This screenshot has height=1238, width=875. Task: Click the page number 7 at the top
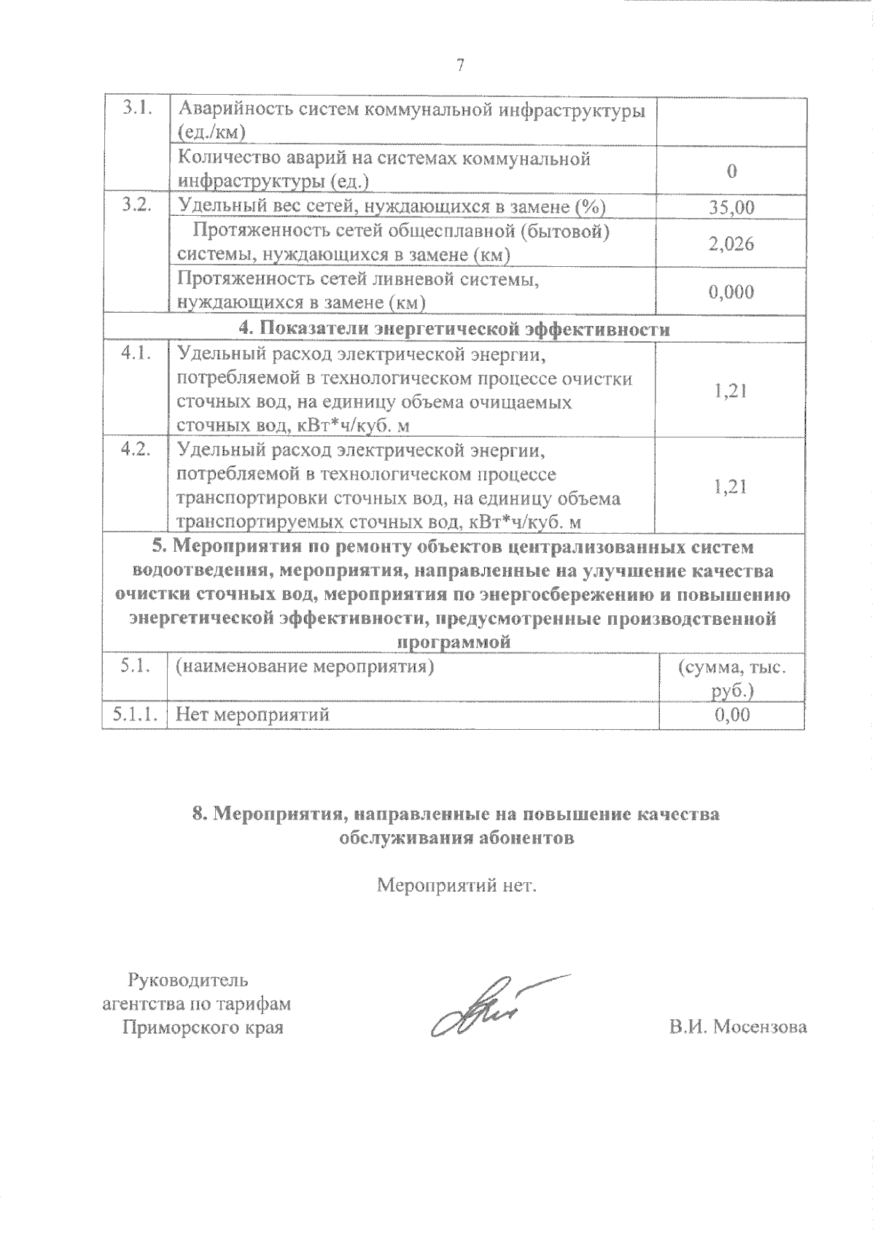click(460, 66)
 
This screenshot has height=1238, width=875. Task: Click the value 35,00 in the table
click(731, 208)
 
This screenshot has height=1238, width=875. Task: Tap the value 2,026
click(731, 244)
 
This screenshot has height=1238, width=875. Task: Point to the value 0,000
click(731, 292)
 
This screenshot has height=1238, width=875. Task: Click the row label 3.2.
click(136, 205)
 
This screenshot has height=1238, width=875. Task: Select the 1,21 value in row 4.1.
click(731, 391)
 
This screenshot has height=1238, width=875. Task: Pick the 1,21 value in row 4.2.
click(731, 486)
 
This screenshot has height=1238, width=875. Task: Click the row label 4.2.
click(136, 449)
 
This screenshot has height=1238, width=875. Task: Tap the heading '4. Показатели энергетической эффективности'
click(455, 330)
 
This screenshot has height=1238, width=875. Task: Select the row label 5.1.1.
click(136, 715)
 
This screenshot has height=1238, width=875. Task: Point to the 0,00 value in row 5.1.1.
click(731, 715)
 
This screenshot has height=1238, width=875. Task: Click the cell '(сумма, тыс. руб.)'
click(731, 678)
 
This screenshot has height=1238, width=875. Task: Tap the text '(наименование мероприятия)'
click(305, 666)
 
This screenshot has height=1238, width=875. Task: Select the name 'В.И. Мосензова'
click(738, 1027)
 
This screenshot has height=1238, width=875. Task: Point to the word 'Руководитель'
click(188, 979)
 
